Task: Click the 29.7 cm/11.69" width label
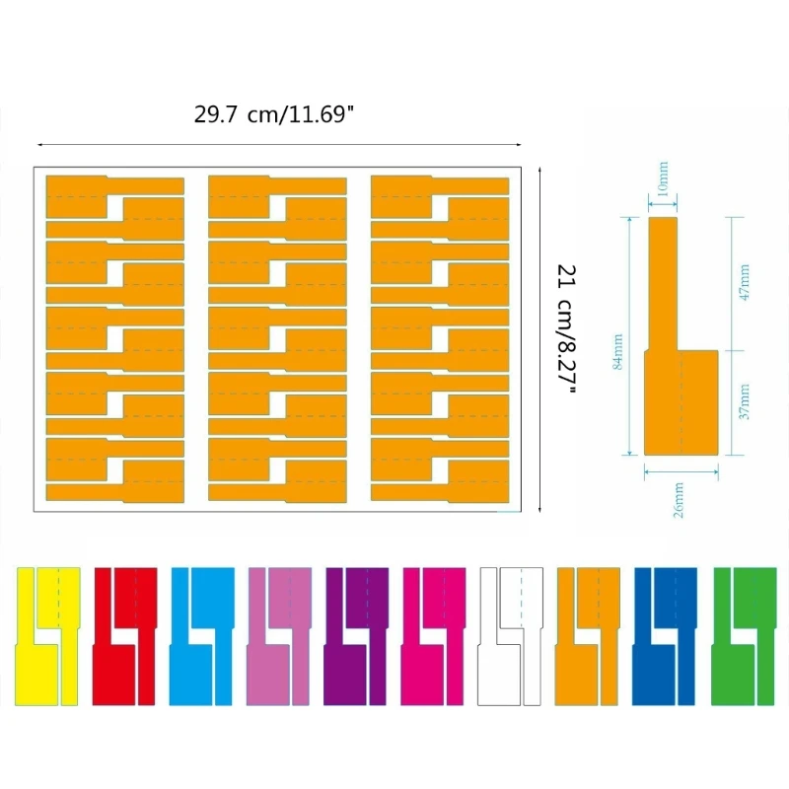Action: pos(274,114)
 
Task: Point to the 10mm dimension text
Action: pos(663,179)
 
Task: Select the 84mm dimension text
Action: pos(618,351)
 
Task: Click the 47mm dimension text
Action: pos(745,282)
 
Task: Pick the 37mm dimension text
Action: pos(745,401)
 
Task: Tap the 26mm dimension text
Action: pos(679,500)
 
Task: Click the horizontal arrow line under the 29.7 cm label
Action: pos(279,145)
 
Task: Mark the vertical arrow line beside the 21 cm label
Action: pos(539,339)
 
